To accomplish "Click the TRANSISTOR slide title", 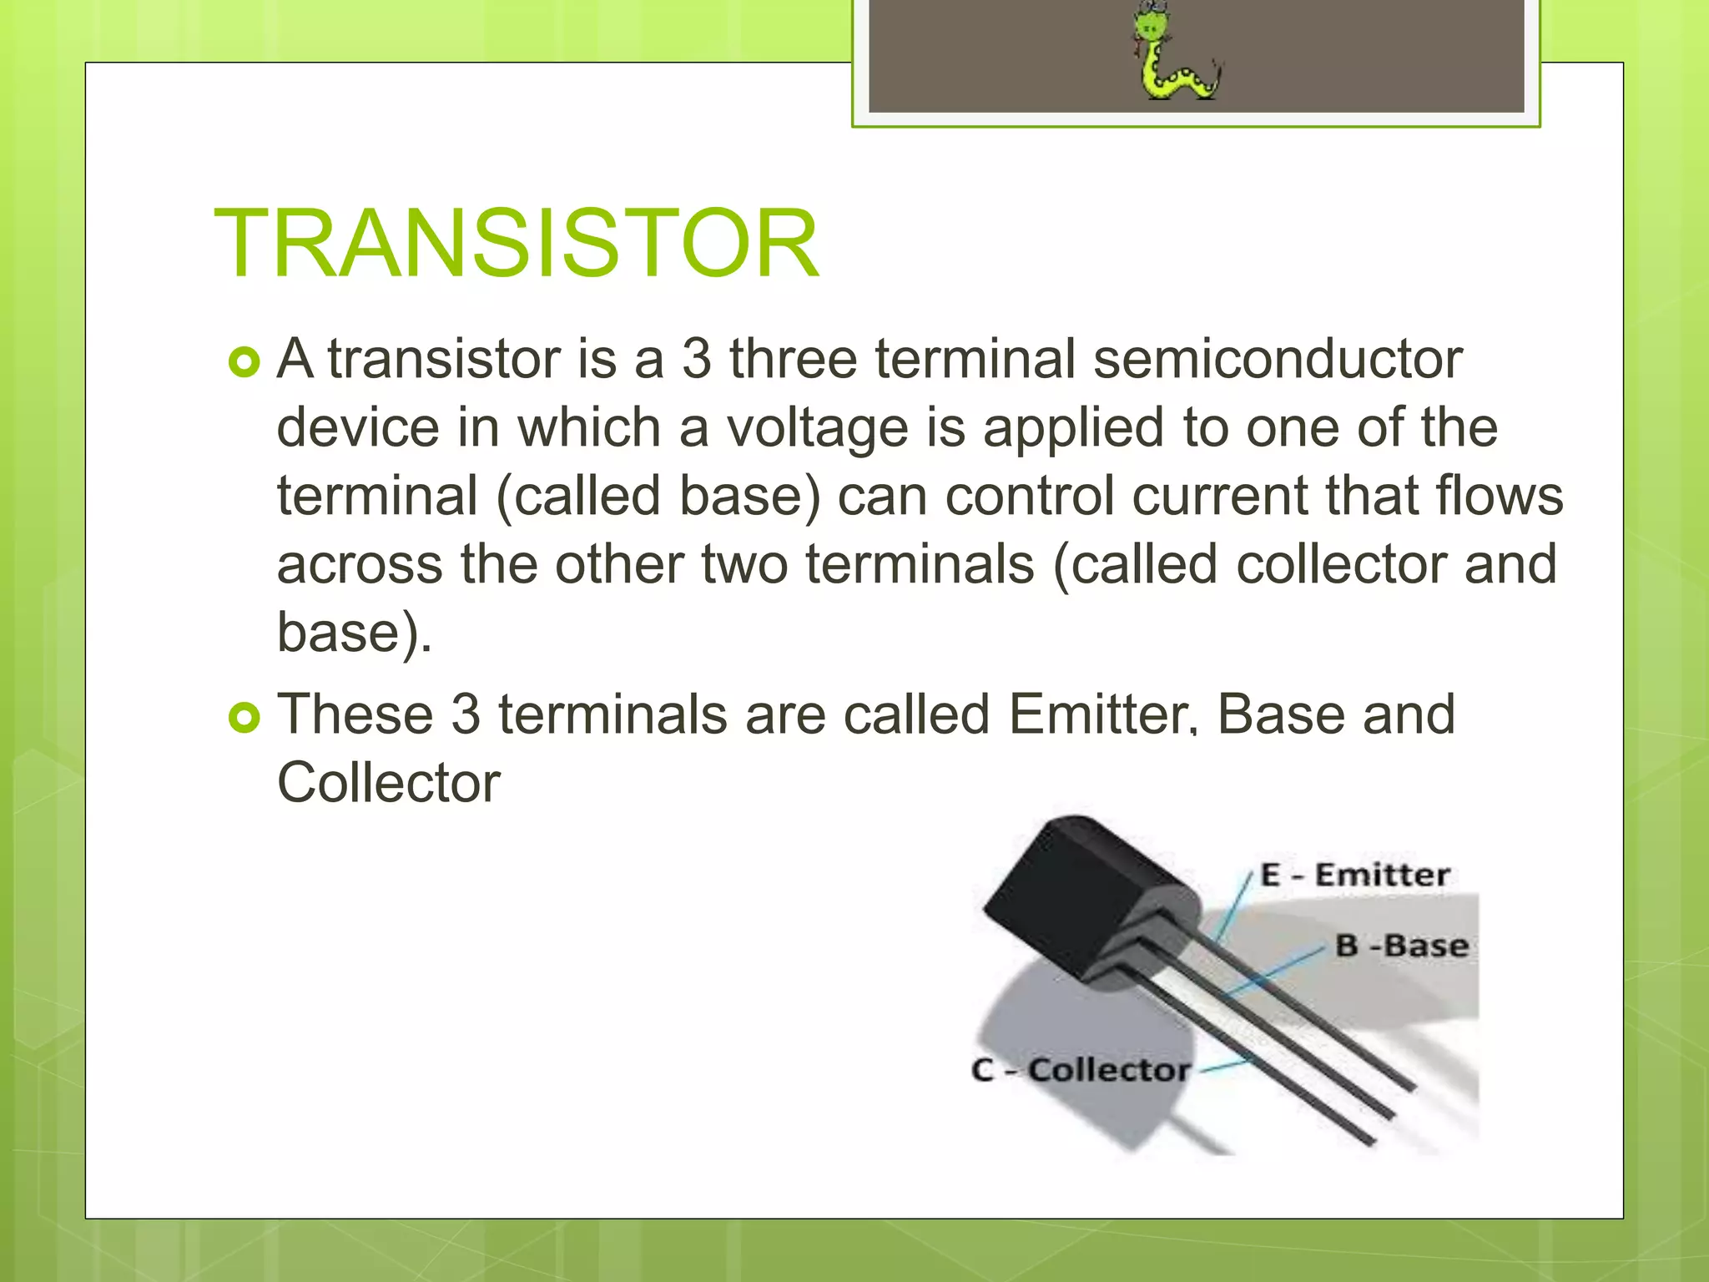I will tap(517, 243).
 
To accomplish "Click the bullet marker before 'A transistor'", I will tap(244, 362).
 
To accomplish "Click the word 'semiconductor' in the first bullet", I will tap(1277, 360).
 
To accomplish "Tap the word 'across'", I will tap(360, 565).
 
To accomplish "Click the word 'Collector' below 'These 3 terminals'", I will tap(388, 784).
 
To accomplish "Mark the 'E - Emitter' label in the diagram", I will tap(1354, 876).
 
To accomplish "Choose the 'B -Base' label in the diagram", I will tap(1401, 946).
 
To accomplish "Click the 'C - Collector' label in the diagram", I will tap(1081, 1069).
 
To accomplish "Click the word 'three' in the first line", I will tap(793, 360).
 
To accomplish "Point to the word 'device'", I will tap(358, 428).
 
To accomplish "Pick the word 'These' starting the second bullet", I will tap(355, 715).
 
